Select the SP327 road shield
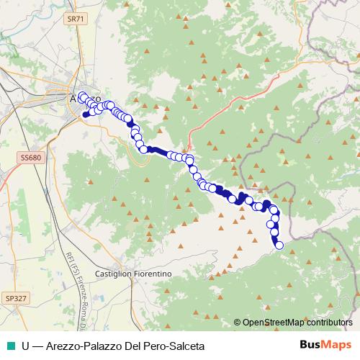point(14,297)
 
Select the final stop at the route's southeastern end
point(279,246)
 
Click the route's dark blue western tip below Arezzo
point(86,114)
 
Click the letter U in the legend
point(26,345)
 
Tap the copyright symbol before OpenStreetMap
point(237,323)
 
